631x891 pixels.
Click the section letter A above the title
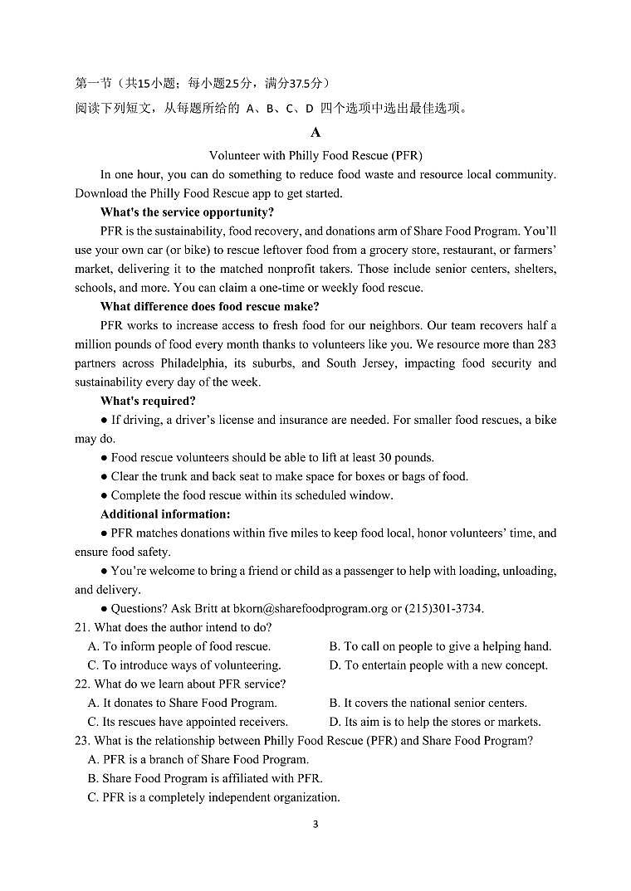(x=315, y=133)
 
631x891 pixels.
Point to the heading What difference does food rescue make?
(x=209, y=306)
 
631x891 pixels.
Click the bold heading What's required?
(x=148, y=401)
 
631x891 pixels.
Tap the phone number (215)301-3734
(x=444, y=609)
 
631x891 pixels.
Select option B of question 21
(x=440, y=646)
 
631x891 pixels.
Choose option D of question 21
(x=438, y=665)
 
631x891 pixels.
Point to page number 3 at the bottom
(x=315, y=824)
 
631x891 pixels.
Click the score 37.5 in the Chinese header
(x=291, y=83)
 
